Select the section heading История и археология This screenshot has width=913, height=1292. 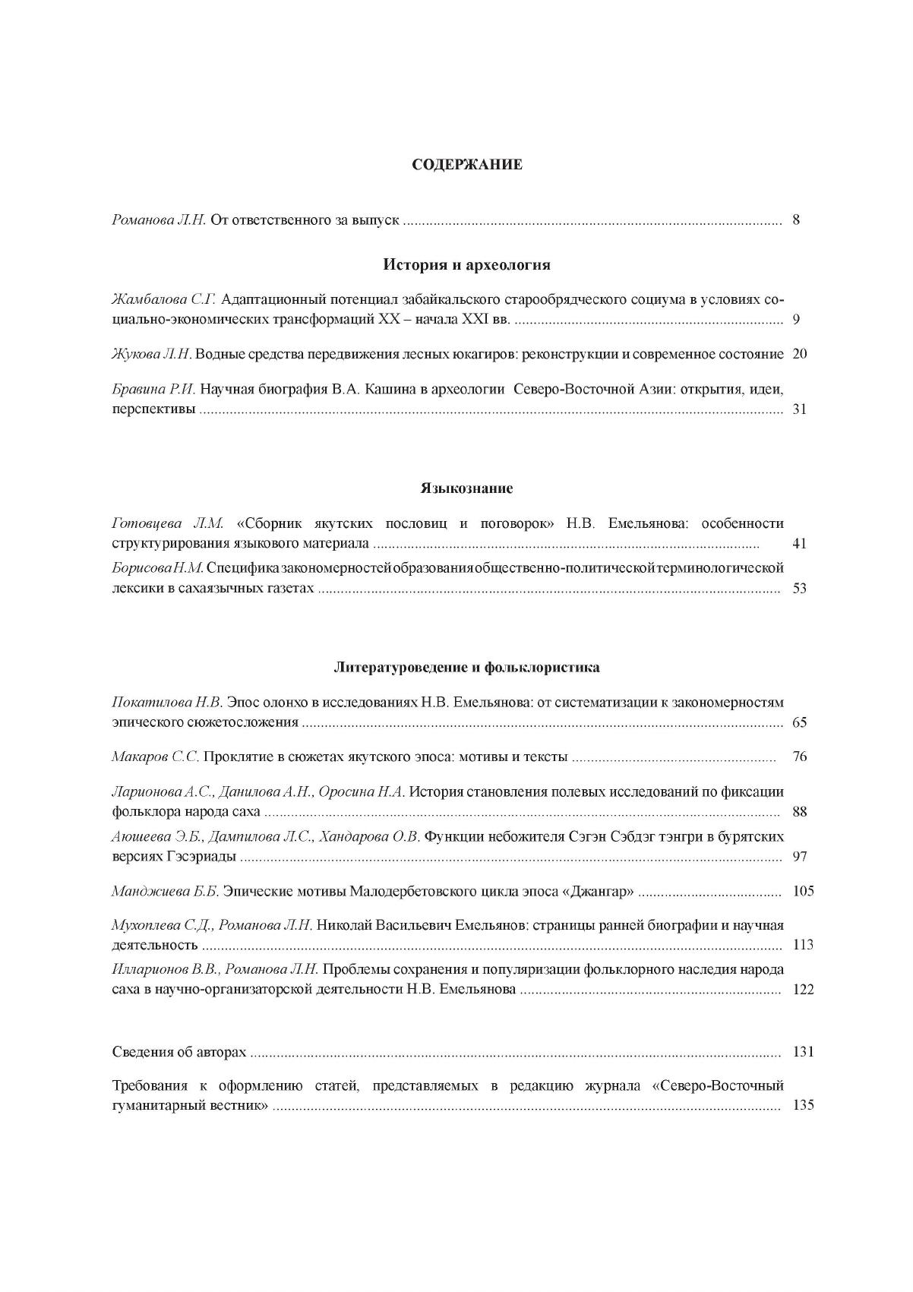click(x=466, y=265)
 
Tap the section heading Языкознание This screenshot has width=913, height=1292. click(x=466, y=488)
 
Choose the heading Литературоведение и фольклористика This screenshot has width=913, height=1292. click(x=466, y=668)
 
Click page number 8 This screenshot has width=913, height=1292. click(x=796, y=221)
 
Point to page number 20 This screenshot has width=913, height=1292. click(x=799, y=354)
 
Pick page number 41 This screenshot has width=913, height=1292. click(x=799, y=544)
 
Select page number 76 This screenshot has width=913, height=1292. click(x=799, y=757)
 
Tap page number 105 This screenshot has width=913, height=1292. click(x=802, y=891)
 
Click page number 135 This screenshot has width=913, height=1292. click(x=802, y=1105)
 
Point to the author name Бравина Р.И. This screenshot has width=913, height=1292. click(x=154, y=389)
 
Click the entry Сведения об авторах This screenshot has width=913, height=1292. click(x=179, y=1052)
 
